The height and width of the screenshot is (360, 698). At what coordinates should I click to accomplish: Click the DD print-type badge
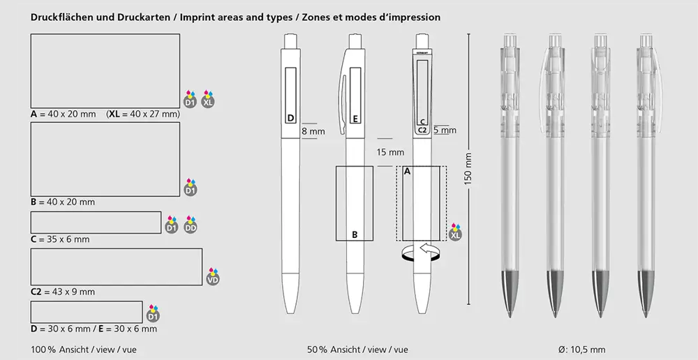[191, 225]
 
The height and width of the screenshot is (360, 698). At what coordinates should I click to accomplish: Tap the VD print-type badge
[213, 277]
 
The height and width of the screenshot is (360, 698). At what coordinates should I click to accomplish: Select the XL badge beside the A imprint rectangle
[208, 99]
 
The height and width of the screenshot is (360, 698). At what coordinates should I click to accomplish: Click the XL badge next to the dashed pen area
[455, 233]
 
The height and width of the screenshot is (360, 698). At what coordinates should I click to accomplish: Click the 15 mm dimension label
[390, 153]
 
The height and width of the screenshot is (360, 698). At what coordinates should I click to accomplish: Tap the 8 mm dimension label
[313, 131]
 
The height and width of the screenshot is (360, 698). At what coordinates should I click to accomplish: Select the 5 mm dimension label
[445, 130]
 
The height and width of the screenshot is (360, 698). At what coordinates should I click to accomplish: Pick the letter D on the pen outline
[290, 119]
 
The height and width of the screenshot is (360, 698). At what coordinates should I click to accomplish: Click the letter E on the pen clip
[355, 119]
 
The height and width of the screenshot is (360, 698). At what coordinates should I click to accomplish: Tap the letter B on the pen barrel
[355, 235]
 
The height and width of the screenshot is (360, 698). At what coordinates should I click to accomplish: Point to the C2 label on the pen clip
[422, 130]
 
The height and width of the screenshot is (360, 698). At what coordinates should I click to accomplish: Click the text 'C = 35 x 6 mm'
[60, 239]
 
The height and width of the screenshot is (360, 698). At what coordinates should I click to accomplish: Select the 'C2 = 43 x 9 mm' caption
[63, 292]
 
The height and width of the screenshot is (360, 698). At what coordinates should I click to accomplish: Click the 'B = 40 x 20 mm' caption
[63, 202]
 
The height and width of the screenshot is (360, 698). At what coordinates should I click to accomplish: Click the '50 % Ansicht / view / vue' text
[357, 350]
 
